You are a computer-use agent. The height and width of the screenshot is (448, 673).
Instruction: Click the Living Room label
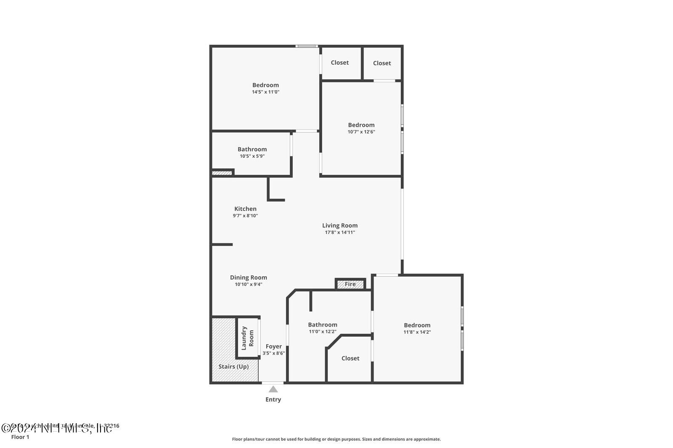tap(340, 225)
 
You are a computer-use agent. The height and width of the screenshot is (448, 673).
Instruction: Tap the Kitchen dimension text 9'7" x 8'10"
tap(245, 216)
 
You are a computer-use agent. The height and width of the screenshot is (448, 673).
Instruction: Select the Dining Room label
tap(248, 277)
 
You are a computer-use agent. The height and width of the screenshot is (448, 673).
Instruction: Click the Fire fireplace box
tap(350, 284)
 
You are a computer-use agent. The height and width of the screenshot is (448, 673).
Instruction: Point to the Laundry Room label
tap(247, 338)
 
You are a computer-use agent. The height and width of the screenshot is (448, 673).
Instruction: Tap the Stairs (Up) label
tap(233, 366)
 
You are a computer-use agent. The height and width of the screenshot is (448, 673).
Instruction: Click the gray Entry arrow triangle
tap(273, 389)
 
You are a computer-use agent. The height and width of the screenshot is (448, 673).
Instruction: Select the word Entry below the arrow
tap(273, 400)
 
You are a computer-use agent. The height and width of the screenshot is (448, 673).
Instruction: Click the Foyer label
tap(273, 346)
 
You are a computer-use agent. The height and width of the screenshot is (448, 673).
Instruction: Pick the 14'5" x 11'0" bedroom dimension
tap(265, 92)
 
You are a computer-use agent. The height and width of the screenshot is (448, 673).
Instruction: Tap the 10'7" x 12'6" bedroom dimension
tap(361, 132)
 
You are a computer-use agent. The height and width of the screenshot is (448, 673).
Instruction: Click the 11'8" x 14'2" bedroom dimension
tap(417, 332)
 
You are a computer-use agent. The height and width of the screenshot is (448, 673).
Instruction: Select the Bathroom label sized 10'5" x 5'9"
tap(252, 149)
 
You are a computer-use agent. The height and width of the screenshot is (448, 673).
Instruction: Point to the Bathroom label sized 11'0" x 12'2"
tap(323, 324)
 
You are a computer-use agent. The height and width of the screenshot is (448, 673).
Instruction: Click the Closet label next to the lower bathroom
tap(350, 358)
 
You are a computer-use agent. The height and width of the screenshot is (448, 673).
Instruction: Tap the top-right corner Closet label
tap(382, 63)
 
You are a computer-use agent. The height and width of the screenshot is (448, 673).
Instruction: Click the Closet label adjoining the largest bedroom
tap(339, 63)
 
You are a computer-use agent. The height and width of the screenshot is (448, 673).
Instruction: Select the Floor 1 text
tap(20, 437)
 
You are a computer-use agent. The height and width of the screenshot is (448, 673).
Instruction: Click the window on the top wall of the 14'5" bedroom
tap(306, 46)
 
